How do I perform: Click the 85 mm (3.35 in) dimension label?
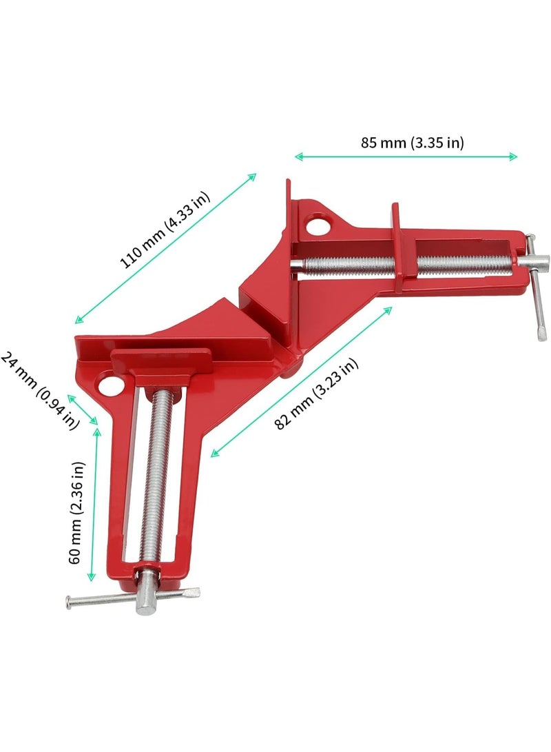click(412, 143)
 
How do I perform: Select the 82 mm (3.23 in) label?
click(316, 394)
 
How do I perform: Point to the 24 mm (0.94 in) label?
click(39, 390)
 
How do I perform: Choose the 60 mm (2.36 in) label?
click(76, 513)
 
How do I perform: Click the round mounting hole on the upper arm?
click(316, 225)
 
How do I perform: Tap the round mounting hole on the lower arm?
click(110, 384)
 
